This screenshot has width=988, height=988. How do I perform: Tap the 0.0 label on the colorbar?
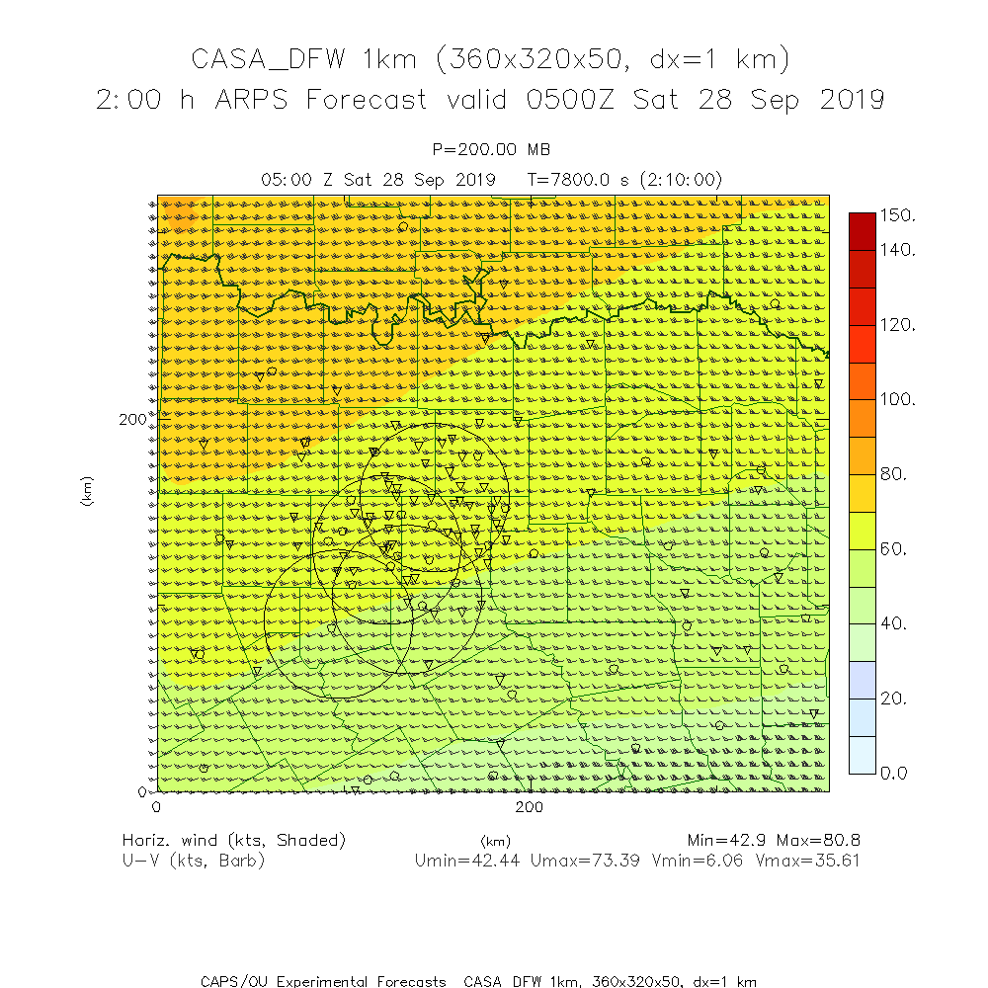[x=893, y=773]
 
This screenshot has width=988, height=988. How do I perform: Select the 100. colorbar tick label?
[x=897, y=399]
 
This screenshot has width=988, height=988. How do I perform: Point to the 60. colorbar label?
[x=893, y=548]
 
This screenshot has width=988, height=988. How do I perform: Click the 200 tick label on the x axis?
[x=531, y=807]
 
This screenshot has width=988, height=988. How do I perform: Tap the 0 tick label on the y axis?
[x=141, y=791]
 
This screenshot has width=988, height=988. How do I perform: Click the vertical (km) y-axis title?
[x=87, y=491]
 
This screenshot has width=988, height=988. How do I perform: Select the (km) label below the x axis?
[x=494, y=841]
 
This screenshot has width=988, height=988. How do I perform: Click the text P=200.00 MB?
[x=492, y=149]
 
